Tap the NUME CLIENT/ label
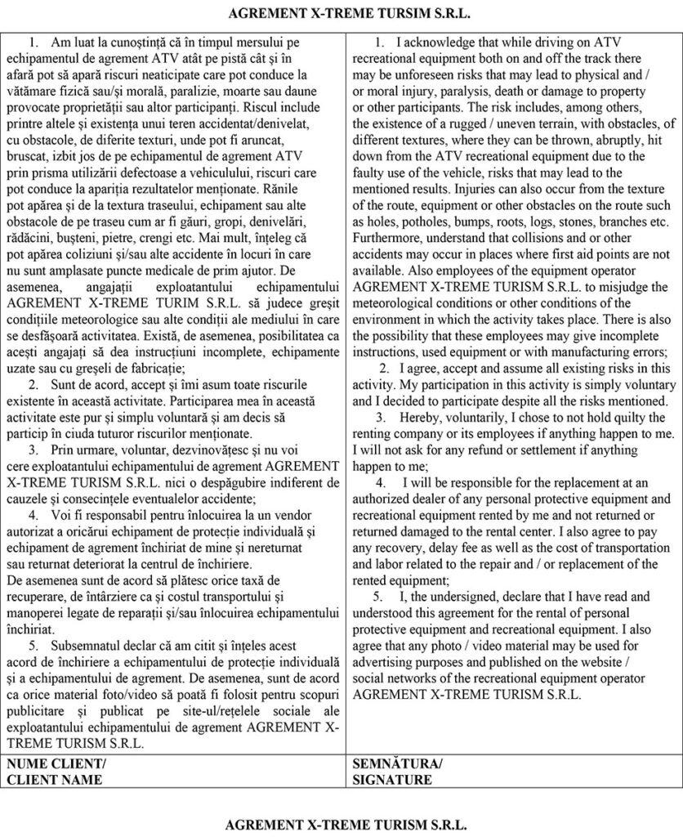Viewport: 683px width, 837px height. (x=56, y=764)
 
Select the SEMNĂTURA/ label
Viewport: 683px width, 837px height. (x=397, y=764)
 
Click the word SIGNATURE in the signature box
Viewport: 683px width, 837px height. (x=392, y=780)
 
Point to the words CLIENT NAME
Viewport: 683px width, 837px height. (x=55, y=780)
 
